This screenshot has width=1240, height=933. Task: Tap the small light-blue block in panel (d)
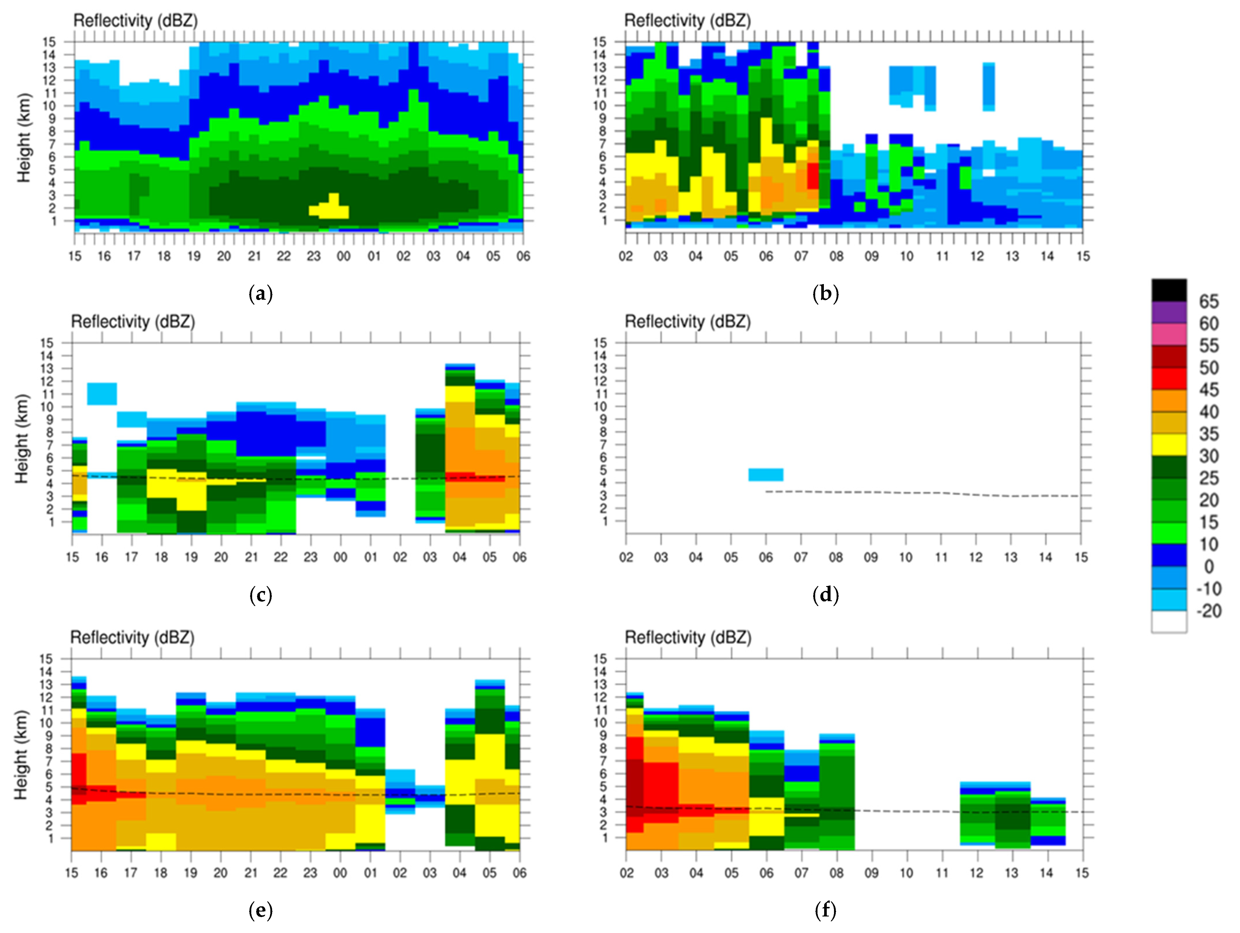[766, 474]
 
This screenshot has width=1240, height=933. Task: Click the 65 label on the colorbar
[1209, 302]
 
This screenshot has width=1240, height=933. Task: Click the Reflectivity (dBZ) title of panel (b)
[687, 21]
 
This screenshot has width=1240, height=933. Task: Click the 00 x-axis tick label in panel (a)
[343, 256]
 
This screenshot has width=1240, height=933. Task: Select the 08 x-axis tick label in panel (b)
[836, 256]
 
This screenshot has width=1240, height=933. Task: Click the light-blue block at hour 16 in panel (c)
[102, 394]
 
